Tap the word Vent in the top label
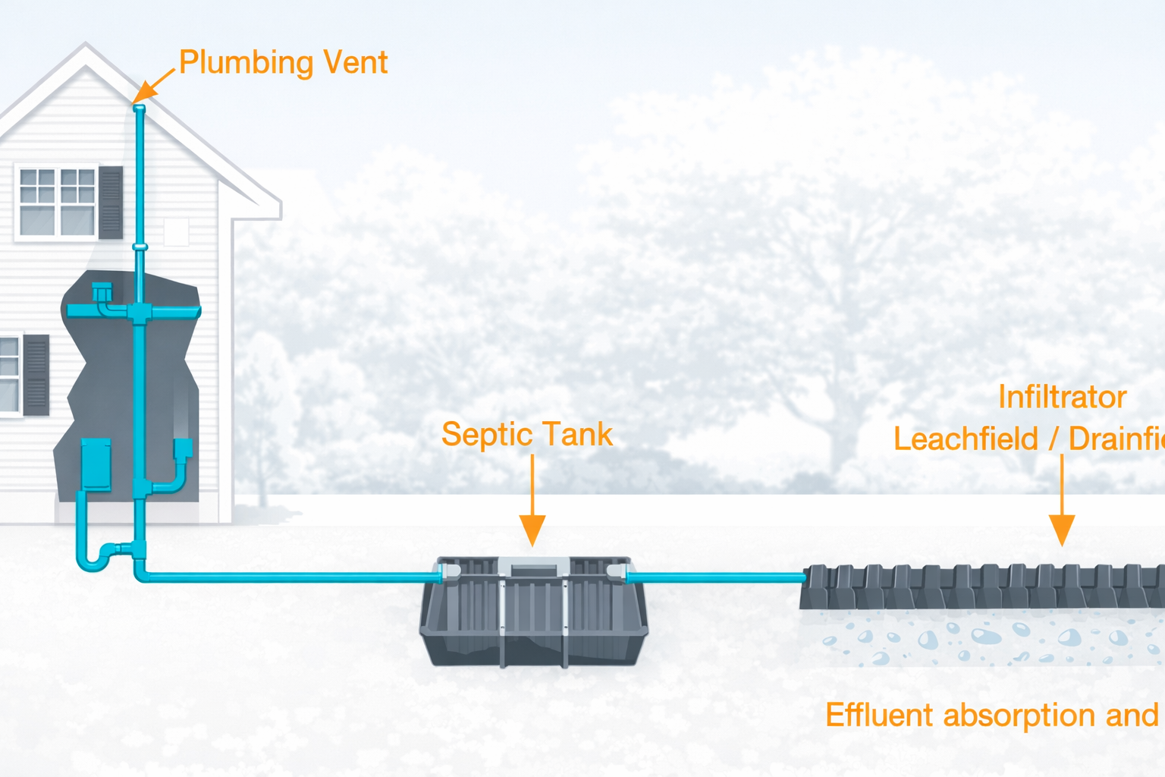[x=356, y=62]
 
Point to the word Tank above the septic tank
[x=575, y=435]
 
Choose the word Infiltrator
[x=1062, y=398]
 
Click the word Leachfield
[x=966, y=439]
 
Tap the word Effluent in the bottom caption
[x=879, y=716]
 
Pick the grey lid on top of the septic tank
[x=532, y=566]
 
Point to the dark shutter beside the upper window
[x=111, y=203]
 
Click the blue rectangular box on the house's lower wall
[x=96, y=464]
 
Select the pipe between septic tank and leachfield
[x=717, y=577]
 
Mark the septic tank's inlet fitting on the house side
[x=448, y=571]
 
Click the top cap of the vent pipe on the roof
[x=139, y=109]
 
